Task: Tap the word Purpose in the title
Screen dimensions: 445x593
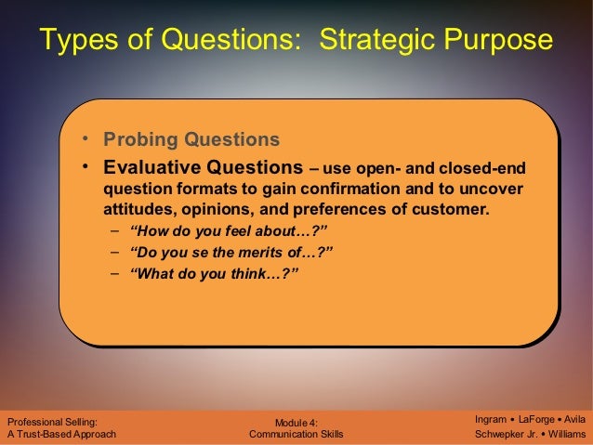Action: [x=499, y=41]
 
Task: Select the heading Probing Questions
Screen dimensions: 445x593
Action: [x=191, y=140]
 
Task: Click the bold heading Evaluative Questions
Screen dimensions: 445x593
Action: [x=203, y=168]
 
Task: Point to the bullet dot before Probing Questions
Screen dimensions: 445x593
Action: [x=84, y=140]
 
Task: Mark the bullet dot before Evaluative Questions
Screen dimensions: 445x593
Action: [x=84, y=168]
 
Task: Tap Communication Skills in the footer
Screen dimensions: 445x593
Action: [x=296, y=434]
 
